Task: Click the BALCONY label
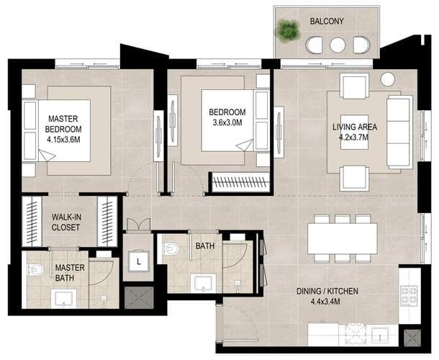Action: [327, 22]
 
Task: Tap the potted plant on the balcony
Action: [288, 30]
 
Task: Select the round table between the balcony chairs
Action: [338, 45]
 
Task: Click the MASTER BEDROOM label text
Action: [63, 124]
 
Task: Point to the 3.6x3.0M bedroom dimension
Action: [227, 122]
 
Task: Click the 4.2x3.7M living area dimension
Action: [353, 138]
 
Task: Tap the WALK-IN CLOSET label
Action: [65, 222]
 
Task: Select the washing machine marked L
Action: [139, 261]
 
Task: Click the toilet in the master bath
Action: [36, 270]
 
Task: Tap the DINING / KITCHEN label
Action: [327, 292]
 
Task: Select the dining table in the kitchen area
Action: [342, 238]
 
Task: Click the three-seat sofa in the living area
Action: [399, 132]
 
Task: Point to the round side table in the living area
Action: [388, 79]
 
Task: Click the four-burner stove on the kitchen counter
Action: [409, 296]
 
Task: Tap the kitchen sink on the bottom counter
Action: [380, 334]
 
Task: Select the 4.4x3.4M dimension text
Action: [325, 302]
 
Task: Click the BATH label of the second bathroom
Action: [205, 246]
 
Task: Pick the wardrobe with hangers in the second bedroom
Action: [241, 182]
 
